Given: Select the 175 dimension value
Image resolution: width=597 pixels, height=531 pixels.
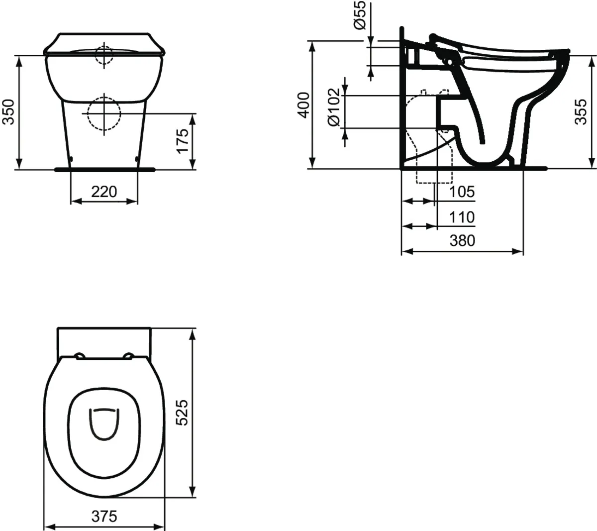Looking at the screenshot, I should (x=183, y=141).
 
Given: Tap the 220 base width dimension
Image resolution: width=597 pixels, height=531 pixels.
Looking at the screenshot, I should (x=104, y=191).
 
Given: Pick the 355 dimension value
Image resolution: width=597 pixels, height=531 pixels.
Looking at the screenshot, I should (x=581, y=111).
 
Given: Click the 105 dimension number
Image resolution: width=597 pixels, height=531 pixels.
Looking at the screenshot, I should (x=462, y=192).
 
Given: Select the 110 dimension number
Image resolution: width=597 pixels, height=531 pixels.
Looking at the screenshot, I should (x=462, y=217).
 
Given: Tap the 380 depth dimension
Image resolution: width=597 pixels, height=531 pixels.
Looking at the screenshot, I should (x=462, y=241).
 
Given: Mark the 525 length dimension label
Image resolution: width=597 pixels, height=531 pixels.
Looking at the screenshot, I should (x=183, y=412).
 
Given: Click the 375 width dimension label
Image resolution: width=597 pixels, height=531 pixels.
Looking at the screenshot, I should (x=104, y=516).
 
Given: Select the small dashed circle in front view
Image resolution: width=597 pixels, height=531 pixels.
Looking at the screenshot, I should (x=104, y=55).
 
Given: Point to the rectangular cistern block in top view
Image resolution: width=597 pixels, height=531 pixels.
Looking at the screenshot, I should (x=104, y=341).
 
